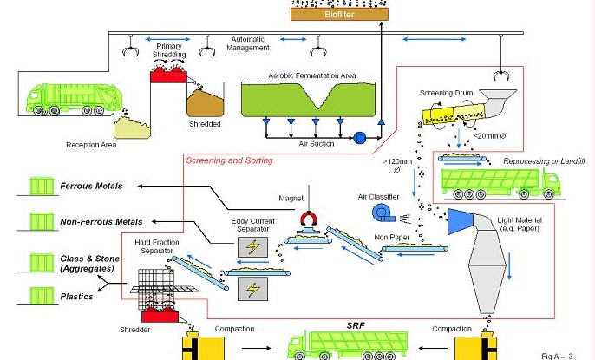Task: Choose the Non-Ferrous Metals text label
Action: pyautogui.click(x=101, y=223)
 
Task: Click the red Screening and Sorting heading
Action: pyautogui.click(x=229, y=160)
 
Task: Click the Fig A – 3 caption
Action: pyautogui.click(x=563, y=355)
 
